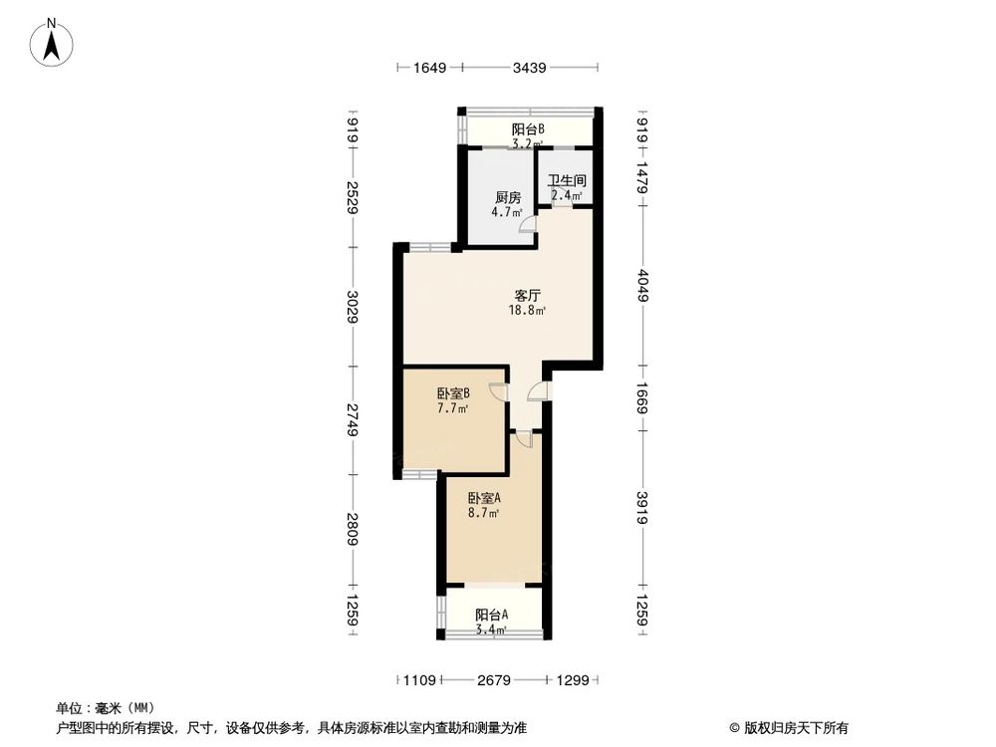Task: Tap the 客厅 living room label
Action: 527,295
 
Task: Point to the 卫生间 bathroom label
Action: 567,181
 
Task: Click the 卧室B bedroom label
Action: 453,393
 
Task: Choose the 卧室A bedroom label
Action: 485,498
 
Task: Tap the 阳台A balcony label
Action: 491,615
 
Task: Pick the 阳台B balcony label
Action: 527,129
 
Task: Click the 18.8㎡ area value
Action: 528,311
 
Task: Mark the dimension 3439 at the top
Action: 530,68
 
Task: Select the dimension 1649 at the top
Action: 429,68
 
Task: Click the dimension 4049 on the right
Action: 643,287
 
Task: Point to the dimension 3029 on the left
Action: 352,306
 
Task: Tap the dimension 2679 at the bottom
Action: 494,680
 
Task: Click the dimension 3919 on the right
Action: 643,508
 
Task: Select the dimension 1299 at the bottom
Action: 574,680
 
